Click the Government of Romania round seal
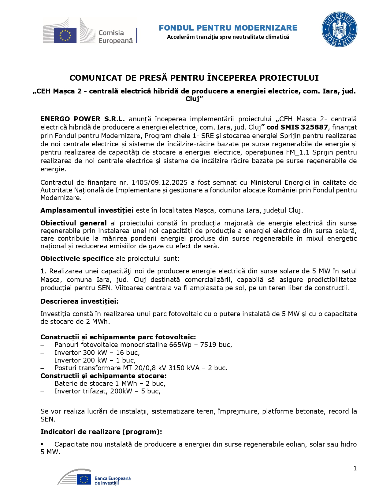[339, 30]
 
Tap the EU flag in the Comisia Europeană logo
[65, 35]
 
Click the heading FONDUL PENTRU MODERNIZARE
[228, 28]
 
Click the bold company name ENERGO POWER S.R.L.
[83, 119]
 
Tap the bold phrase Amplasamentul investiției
[87, 210]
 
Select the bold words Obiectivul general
[73, 223]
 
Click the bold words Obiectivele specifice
[77, 258]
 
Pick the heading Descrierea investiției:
[80, 301]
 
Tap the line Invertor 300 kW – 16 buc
[97, 353]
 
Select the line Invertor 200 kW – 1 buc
[95, 360]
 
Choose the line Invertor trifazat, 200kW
[107, 391]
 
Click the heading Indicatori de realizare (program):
[101, 432]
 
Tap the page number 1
[355, 468]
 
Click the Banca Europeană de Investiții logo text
[112, 480]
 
